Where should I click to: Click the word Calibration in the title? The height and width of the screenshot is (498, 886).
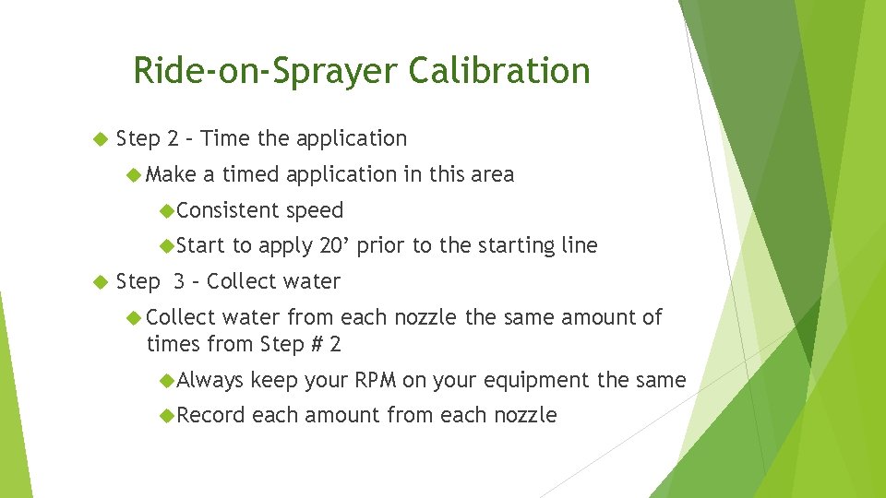(x=499, y=71)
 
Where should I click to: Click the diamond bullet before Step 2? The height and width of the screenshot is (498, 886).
(x=101, y=139)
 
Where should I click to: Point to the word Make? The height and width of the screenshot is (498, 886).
(x=171, y=174)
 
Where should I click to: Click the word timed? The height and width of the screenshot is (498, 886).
(x=251, y=174)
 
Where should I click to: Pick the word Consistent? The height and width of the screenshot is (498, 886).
(x=228, y=210)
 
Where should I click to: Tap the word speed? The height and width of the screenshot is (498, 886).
(x=315, y=210)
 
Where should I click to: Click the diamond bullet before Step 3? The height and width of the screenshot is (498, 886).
(x=101, y=282)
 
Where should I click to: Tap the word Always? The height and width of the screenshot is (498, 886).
(x=210, y=380)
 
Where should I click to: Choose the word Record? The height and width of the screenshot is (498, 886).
(x=210, y=416)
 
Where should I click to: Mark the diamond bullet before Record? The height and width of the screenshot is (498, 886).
(x=167, y=416)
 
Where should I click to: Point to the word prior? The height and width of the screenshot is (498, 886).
(x=380, y=245)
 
